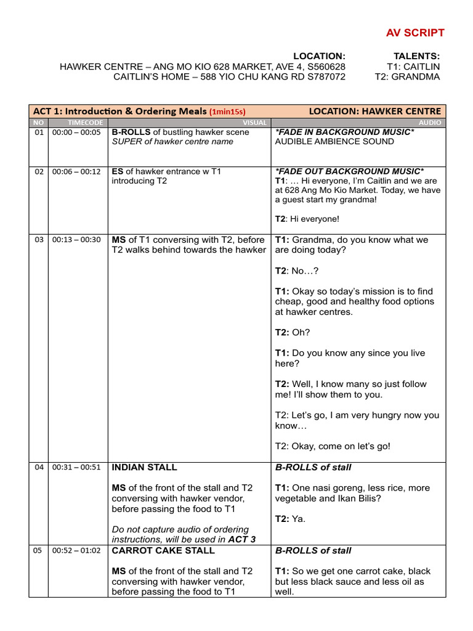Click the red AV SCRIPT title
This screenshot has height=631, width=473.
point(414,33)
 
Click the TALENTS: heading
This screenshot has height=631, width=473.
point(416,56)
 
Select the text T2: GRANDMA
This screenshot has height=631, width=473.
point(407,77)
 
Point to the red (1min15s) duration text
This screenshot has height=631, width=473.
point(227,112)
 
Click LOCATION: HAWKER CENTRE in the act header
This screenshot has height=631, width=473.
point(374,112)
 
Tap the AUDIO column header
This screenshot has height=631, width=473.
point(431,123)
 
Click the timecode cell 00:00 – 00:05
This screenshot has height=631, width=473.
point(76,132)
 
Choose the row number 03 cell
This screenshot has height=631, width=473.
point(39,240)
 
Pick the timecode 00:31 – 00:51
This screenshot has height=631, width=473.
point(76,468)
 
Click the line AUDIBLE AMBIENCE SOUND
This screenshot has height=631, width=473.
point(334,142)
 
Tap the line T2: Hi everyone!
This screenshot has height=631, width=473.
point(307,219)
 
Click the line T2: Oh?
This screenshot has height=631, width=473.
point(293,333)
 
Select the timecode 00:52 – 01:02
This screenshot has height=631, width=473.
point(76,551)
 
